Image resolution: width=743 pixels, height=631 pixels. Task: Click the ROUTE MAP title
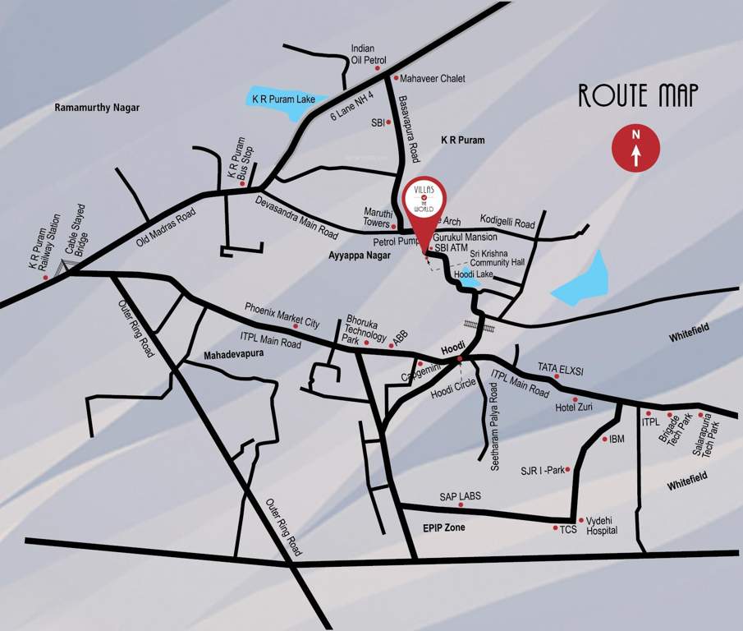coord(638,95)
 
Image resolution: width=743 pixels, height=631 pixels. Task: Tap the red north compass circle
coord(635,147)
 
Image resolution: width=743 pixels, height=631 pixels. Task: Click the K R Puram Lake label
coord(283,99)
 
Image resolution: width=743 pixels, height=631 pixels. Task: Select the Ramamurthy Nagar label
coord(97,108)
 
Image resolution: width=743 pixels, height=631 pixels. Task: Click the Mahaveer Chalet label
coord(433,78)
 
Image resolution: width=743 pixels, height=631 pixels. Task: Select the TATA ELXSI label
coord(561,370)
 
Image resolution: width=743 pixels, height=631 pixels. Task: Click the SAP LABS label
coord(460,496)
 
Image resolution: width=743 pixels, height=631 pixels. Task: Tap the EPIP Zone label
coord(443,527)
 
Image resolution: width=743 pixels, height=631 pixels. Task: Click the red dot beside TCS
coord(555,528)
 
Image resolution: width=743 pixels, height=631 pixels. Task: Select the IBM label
coord(617,439)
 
